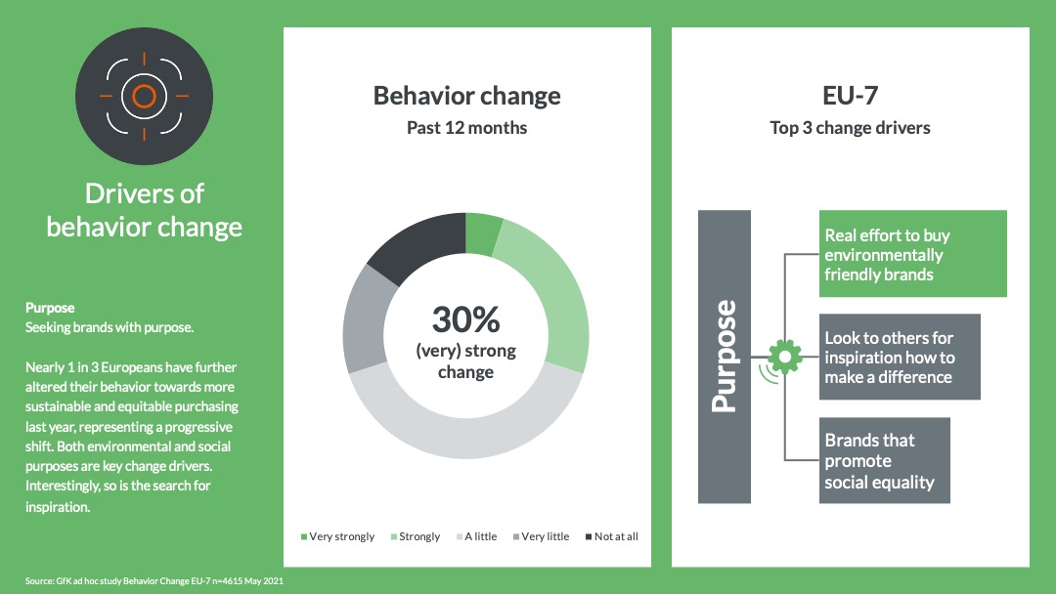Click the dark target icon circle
(144, 96)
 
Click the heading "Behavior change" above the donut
(466, 96)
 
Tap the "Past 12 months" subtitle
(466, 128)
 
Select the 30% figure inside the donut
(466, 318)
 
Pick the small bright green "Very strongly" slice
(483, 234)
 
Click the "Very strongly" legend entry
(337, 536)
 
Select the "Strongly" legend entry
(415, 536)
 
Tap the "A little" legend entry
(476, 536)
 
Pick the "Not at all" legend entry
(611, 536)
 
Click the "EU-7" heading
(850, 96)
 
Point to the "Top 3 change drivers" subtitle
(850, 128)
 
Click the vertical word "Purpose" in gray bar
(724, 356)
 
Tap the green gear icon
(784, 357)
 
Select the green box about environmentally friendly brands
(912, 254)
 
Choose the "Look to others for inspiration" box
(900, 357)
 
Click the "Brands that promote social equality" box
(884, 460)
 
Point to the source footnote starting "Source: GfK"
(154, 580)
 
